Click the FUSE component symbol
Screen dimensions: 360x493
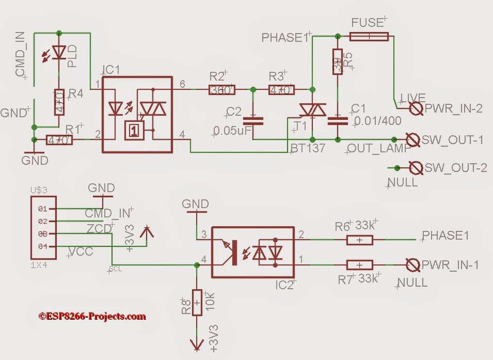[x=369, y=36]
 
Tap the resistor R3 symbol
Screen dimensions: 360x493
[x=281, y=90]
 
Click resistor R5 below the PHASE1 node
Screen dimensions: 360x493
[x=337, y=61]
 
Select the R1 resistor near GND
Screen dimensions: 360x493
[x=59, y=139]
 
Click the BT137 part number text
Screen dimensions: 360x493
[x=308, y=149]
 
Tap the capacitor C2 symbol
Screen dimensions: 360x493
[x=253, y=121]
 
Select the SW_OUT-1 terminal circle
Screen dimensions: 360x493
[x=412, y=139]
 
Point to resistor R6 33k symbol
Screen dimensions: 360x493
[x=360, y=240]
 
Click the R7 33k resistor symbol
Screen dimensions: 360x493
[x=360, y=265]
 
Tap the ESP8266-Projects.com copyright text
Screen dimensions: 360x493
[x=92, y=316]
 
